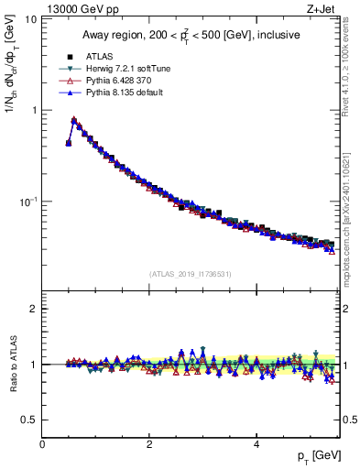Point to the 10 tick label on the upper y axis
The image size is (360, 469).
[x=29, y=19]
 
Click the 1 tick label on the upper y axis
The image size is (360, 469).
[x=33, y=110]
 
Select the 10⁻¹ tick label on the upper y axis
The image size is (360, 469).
[x=27, y=201]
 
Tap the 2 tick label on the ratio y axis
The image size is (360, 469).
[x=33, y=309]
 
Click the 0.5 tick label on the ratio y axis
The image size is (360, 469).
[x=28, y=420]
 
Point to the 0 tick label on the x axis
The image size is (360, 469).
[x=42, y=443]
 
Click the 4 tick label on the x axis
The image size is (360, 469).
[x=256, y=443]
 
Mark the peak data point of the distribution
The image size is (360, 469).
[x=74, y=120]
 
